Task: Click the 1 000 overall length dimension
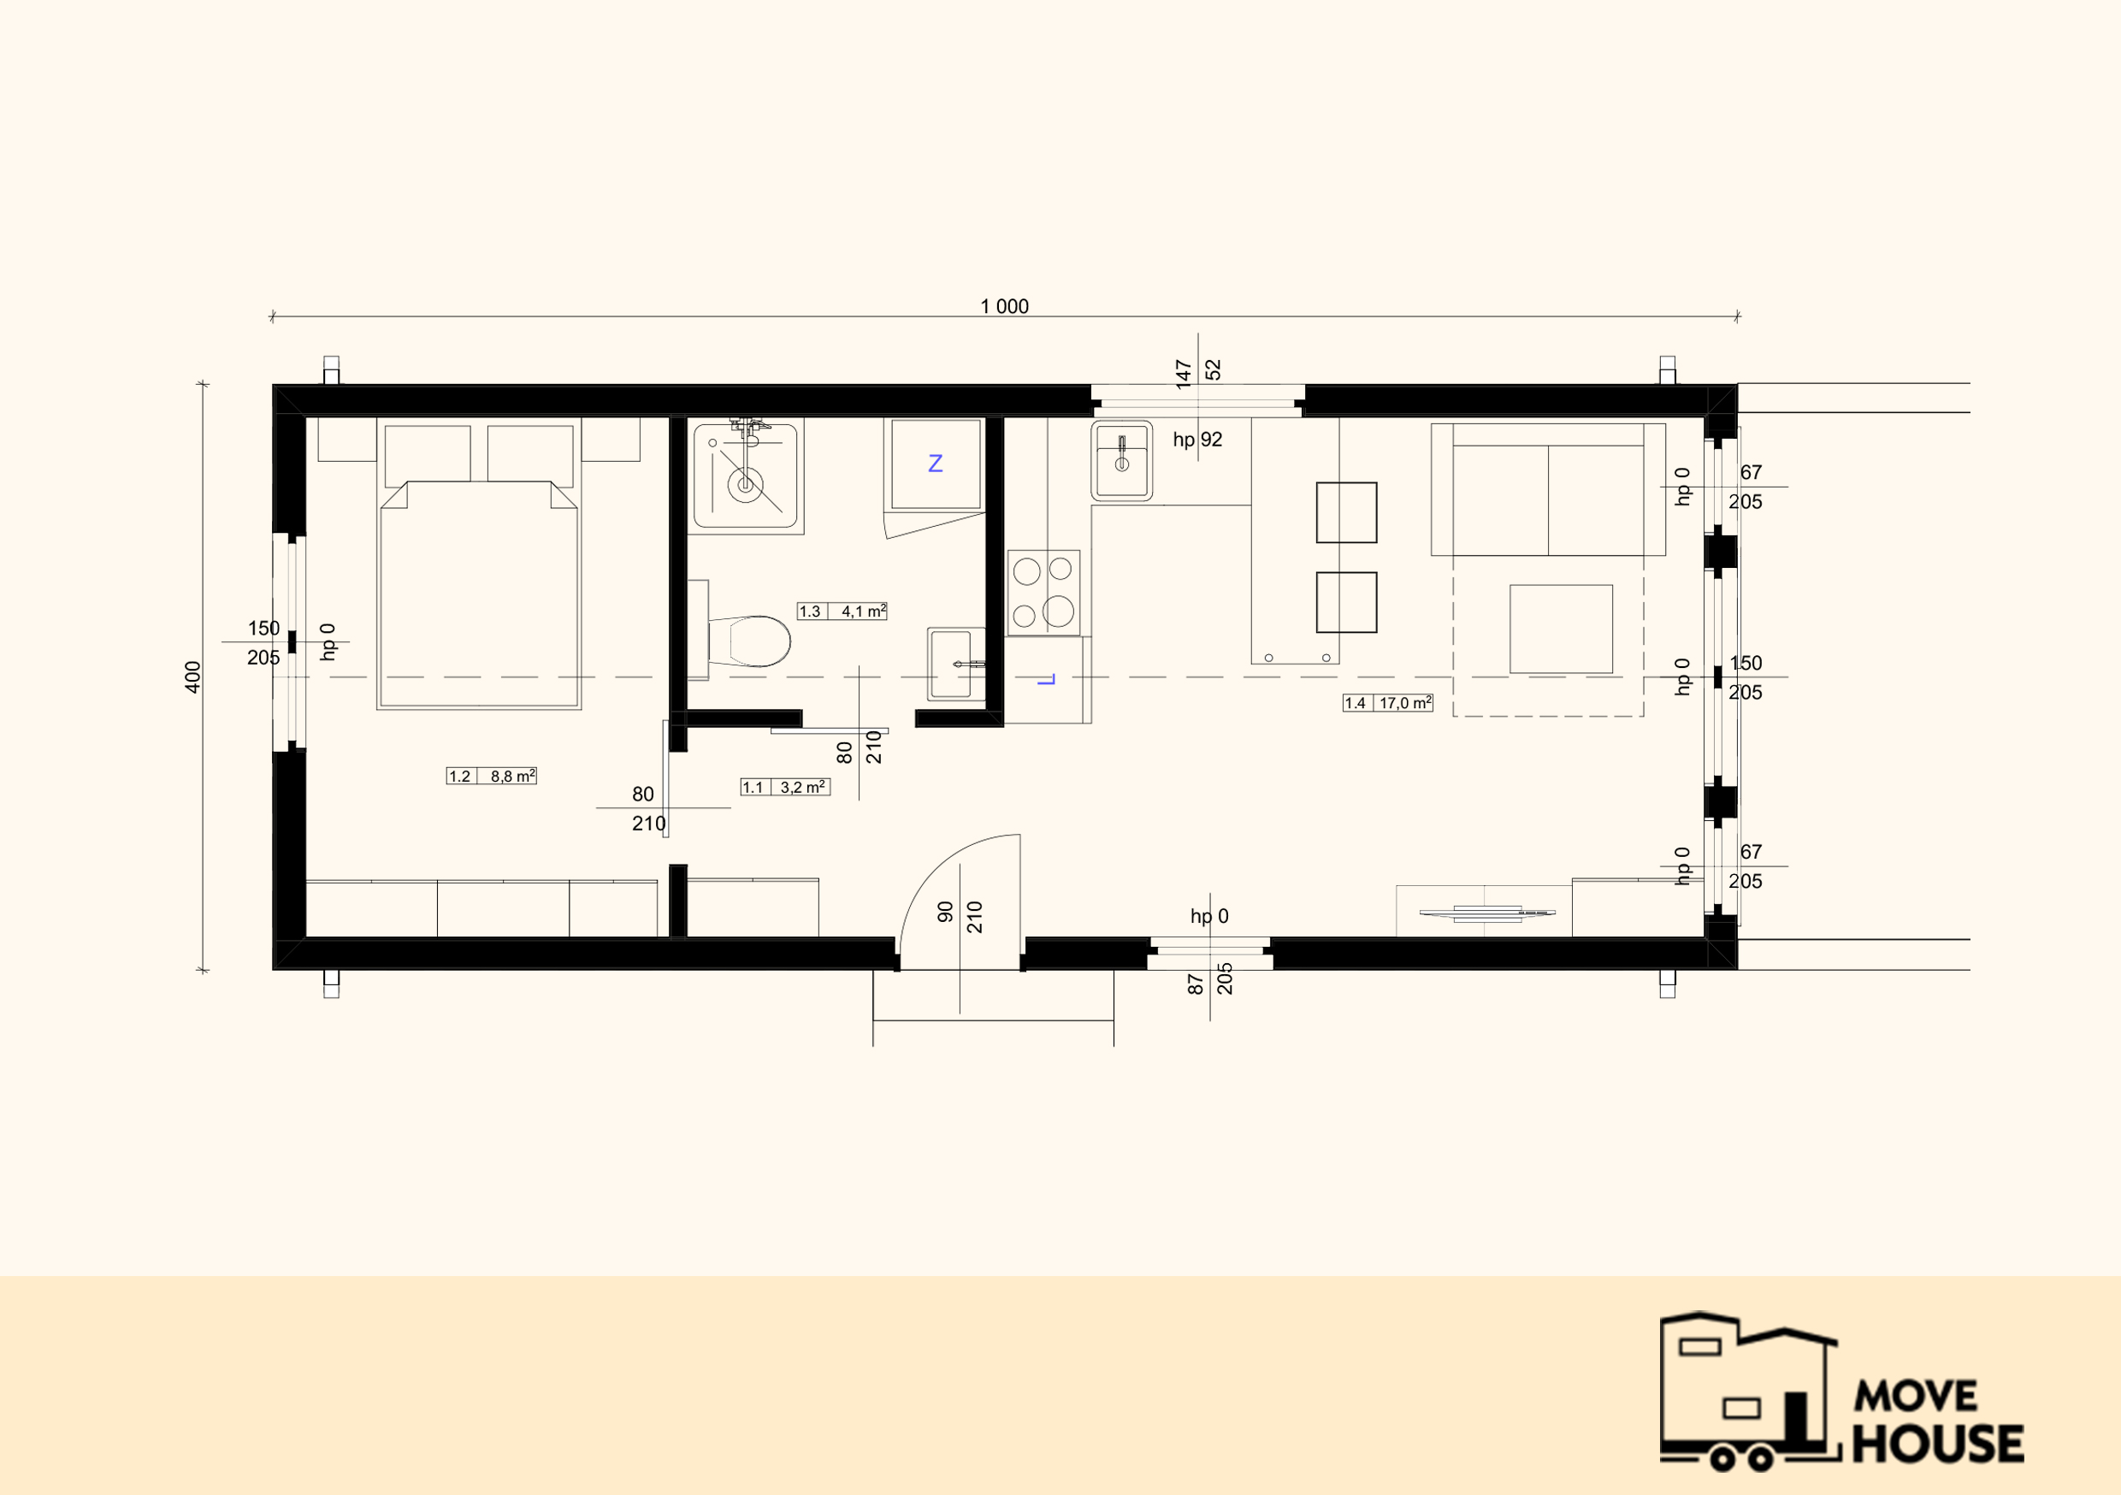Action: (x=1004, y=306)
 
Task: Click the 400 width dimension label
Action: (x=192, y=677)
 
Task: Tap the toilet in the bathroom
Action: (x=749, y=641)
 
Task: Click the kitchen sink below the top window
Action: (x=1121, y=460)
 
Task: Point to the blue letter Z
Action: (x=935, y=463)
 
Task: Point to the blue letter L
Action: (x=1046, y=679)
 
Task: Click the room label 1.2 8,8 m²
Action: (x=492, y=776)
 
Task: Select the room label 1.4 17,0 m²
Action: (x=1387, y=703)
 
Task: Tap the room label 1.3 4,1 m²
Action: (x=842, y=611)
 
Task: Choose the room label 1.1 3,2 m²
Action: (x=784, y=787)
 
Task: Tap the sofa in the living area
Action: (x=1548, y=490)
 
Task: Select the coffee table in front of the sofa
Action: (x=1561, y=629)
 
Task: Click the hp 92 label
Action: (x=1197, y=440)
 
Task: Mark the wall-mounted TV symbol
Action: (x=1487, y=913)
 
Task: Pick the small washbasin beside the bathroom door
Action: (x=956, y=664)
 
